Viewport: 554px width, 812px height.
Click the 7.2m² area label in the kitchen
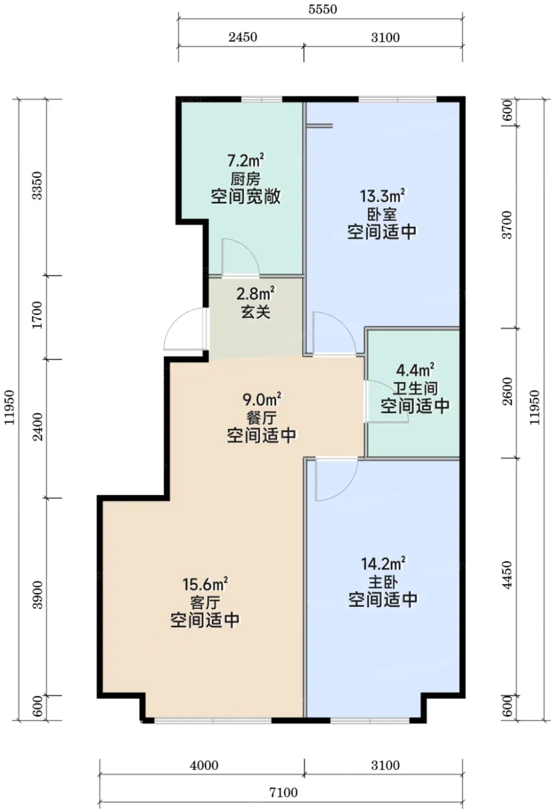(x=245, y=159)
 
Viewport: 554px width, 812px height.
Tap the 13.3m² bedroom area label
(x=382, y=196)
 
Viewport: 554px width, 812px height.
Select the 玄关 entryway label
(x=256, y=312)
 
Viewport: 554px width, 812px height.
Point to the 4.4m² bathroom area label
(x=415, y=371)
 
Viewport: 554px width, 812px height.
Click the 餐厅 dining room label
(x=262, y=418)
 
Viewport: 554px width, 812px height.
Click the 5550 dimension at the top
(x=323, y=9)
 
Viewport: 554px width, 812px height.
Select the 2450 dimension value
(x=242, y=37)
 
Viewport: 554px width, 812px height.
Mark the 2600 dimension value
(x=508, y=391)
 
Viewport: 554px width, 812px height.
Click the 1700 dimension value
(x=37, y=314)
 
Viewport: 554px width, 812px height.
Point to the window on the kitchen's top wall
(x=262, y=99)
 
